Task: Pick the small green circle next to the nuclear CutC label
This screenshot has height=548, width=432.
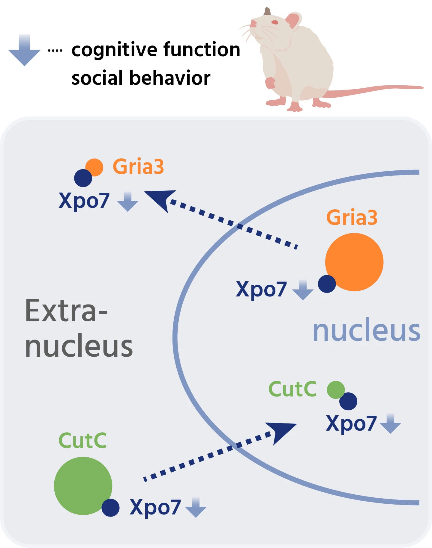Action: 335,390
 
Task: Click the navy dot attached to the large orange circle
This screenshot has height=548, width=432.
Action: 327,284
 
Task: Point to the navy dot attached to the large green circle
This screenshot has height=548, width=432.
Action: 110,508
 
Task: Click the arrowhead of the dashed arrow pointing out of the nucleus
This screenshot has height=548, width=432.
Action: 160,199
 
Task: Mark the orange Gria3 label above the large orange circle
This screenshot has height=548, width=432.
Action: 352,217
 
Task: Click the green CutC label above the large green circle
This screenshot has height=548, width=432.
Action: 82,440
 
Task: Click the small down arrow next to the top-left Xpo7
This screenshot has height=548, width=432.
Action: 127,202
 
